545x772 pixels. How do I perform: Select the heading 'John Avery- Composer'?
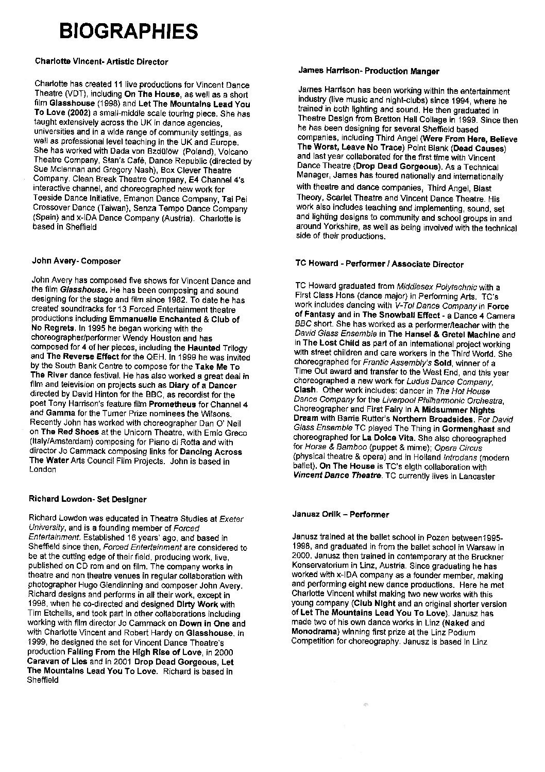76,261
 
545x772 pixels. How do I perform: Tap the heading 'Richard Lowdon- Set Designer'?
88,499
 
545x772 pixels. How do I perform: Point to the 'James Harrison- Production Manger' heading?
368,71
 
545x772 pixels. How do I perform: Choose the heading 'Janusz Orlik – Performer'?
340,515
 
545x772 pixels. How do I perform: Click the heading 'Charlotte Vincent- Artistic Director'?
101,62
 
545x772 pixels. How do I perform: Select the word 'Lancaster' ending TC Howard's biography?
476,477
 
